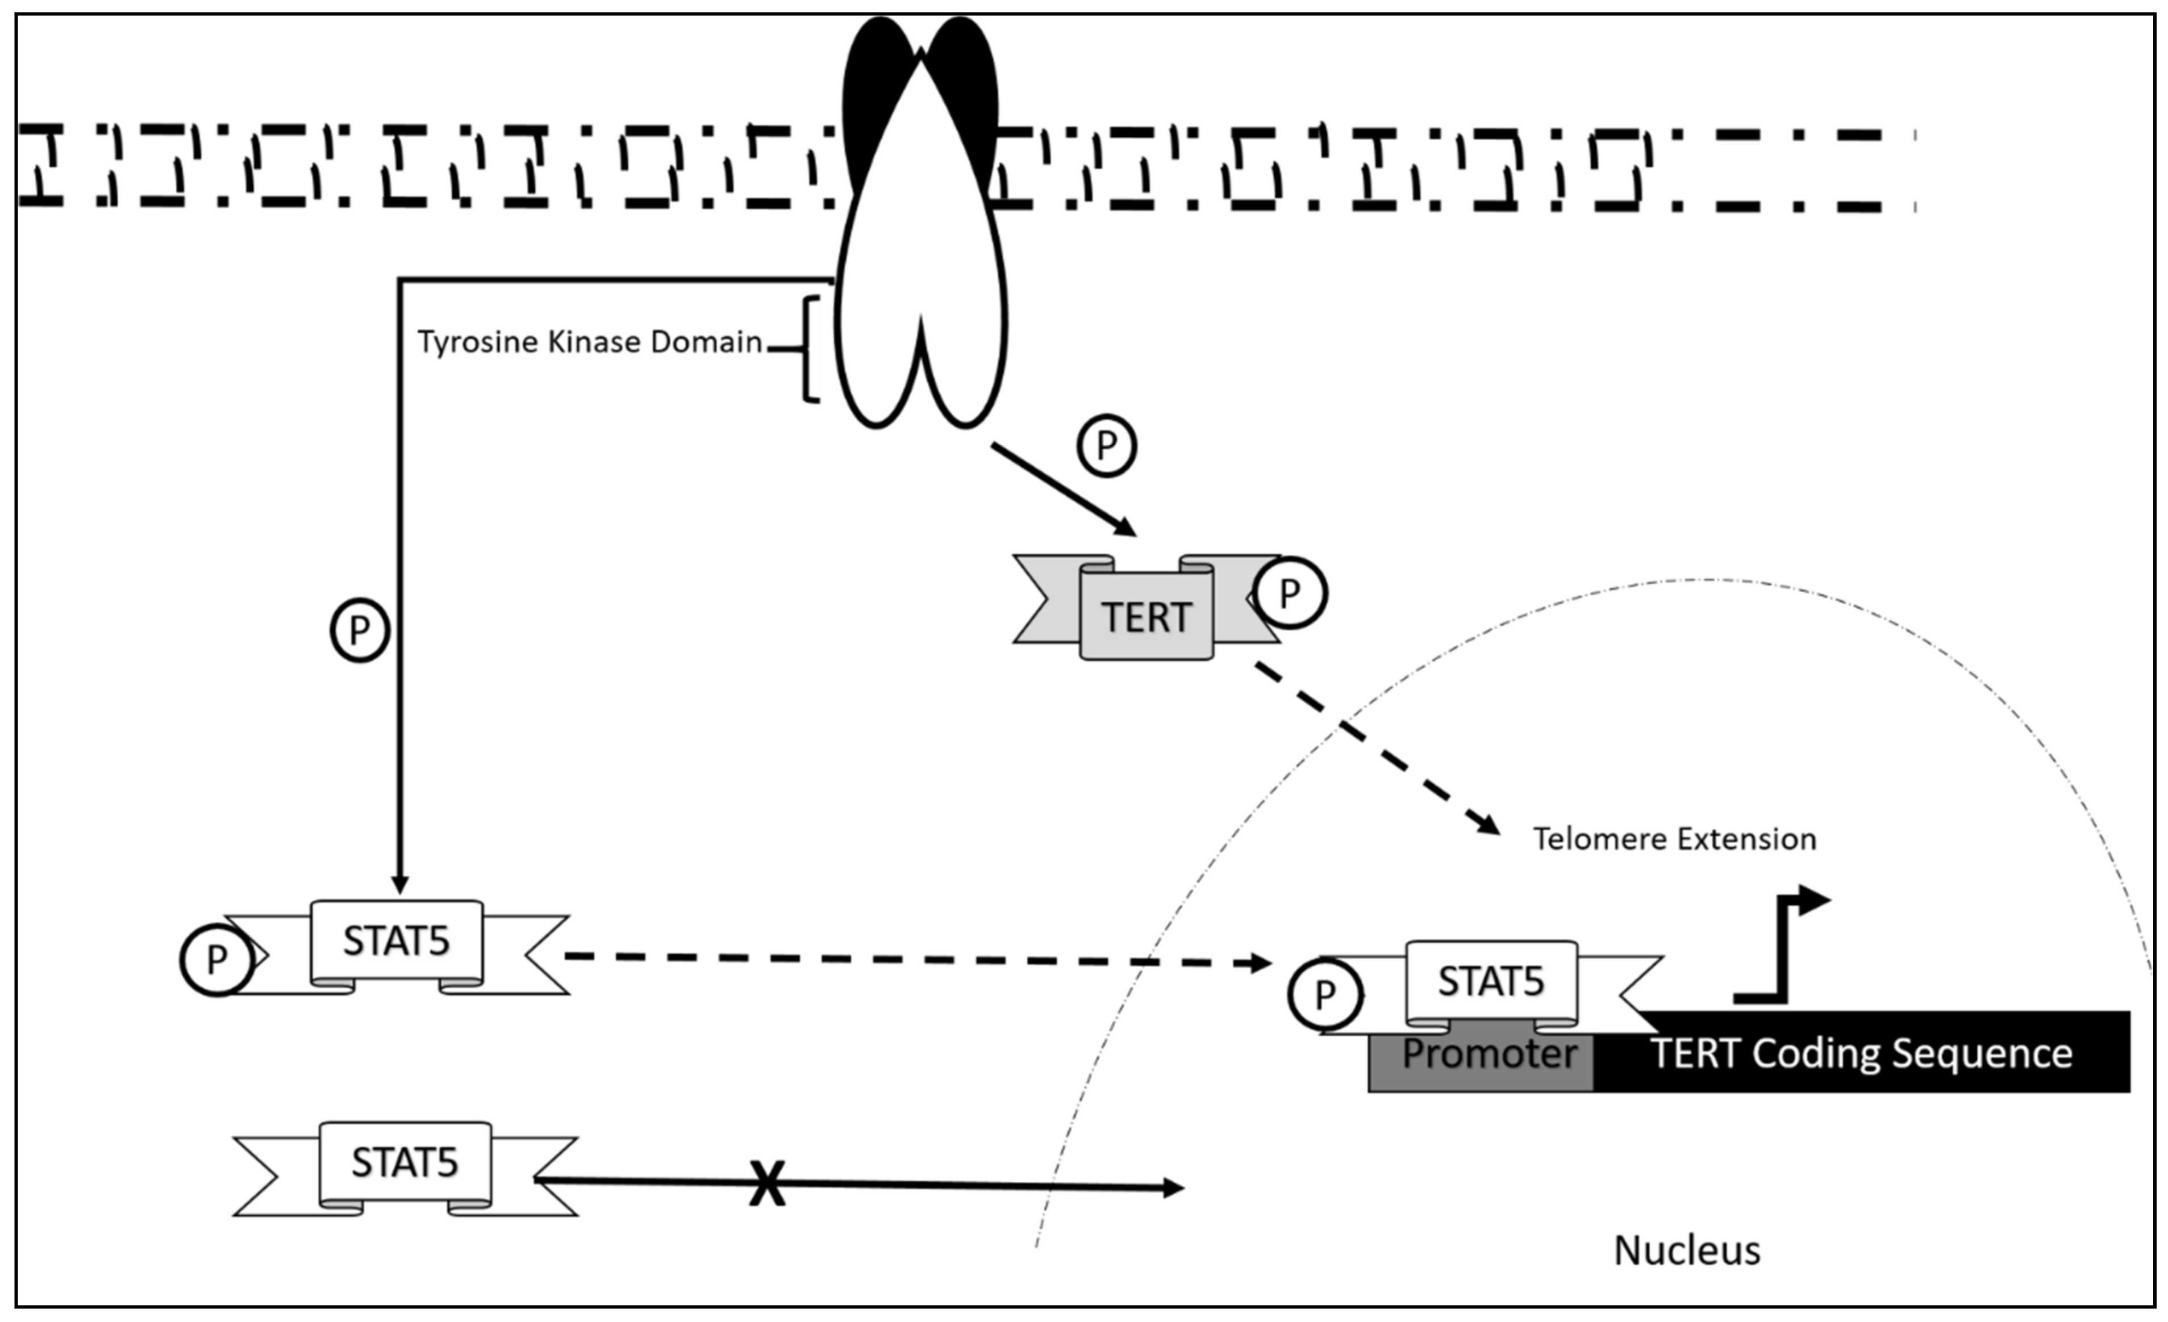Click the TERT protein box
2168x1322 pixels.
[x=1145, y=616]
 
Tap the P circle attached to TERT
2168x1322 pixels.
[x=1290, y=593]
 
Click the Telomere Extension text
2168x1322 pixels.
[x=1674, y=838]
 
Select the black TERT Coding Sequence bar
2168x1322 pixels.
[x=1861, y=1053]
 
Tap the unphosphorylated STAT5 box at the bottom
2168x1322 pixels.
[x=405, y=1163]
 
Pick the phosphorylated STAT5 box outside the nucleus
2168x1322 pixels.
[x=396, y=942]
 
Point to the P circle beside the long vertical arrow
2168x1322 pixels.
[x=359, y=630]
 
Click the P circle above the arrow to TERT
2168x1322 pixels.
[x=1107, y=446]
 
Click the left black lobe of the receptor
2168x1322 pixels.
[x=871, y=97]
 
